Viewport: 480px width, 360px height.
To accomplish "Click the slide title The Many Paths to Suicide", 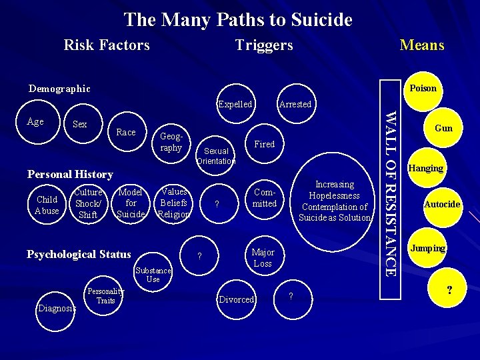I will pos(238,20).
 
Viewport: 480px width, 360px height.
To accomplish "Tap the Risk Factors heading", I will pos(107,45).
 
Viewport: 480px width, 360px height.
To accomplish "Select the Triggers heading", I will pos(264,45).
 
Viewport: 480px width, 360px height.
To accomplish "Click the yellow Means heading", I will pos(421,45).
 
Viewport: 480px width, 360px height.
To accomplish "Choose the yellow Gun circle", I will pos(443,128).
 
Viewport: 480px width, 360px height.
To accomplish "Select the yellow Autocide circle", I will pos(442,204).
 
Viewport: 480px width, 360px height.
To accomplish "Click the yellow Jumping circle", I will pos(427,248).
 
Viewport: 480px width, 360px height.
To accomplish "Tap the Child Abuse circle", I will pos(47,205).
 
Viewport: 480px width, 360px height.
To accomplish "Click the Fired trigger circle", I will pos(265,144).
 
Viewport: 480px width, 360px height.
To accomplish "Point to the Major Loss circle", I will pos(263,258).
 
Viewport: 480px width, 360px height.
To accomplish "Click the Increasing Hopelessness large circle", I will pos(335,201).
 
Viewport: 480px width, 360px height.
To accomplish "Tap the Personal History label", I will pos(70,174).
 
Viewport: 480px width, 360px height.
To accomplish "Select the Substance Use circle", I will pos(153,274).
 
